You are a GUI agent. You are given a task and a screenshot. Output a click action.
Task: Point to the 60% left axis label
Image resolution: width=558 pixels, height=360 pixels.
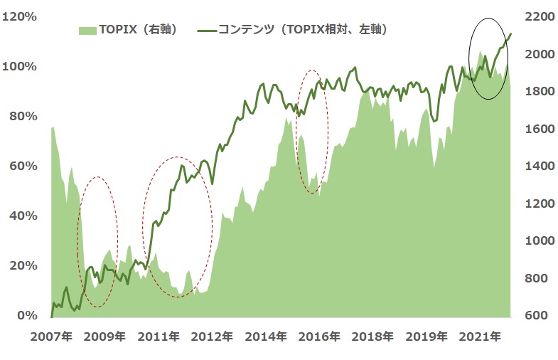pyautogui.click(x=23, y=166)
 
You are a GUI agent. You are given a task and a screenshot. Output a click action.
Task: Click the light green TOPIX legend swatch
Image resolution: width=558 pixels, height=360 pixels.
pyautogui.click(x=87, y=30)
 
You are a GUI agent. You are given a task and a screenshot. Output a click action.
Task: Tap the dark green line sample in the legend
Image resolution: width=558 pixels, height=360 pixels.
pyautogui.click(x=206, y=30)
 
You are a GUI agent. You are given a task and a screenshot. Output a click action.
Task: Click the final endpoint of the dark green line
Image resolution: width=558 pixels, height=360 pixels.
pyautogui.click(x=510, y=33)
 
